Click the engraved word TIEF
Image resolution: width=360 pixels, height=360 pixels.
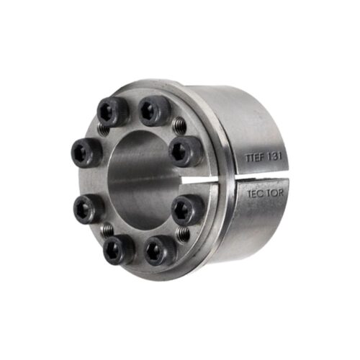point(254,158)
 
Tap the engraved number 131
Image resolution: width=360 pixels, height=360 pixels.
point(274,157)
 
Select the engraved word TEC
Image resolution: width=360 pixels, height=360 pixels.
point(256,194)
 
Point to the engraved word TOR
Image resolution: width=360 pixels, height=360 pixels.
point(274,194)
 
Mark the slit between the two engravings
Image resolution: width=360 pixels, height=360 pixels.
point(261,176)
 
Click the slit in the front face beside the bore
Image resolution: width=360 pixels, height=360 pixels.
point(194,181)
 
